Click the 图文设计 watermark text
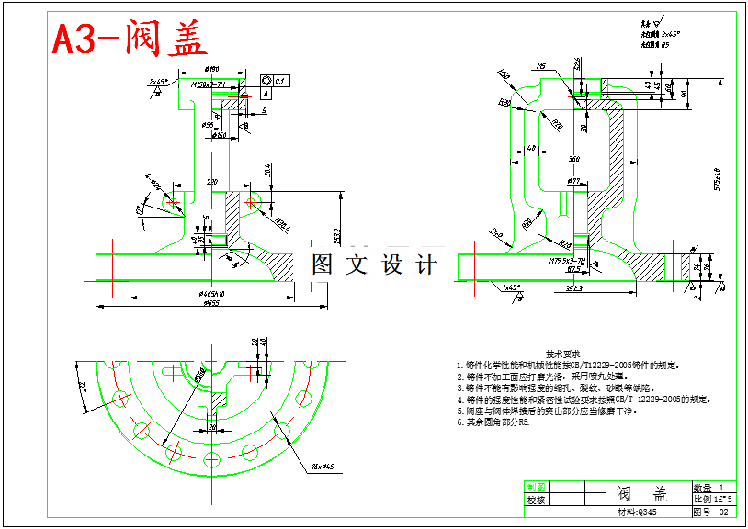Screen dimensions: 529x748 [374, 264]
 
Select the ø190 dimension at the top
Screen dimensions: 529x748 [210, 69]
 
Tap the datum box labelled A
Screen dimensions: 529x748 [266, 93]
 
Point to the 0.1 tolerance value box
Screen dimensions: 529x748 [280, 81]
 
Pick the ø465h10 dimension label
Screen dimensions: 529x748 [212, 294]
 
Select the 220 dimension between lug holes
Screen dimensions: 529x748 [211, 182]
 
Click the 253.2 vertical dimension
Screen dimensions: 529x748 [338, 236]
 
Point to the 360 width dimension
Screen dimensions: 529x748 [573, 160]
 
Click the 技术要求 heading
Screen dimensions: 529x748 [561, 354]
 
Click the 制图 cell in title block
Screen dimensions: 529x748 [536, 487]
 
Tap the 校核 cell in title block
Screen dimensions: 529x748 [536, 501]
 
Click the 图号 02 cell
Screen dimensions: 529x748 [713, 512]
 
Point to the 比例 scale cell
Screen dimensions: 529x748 [713, 499]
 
